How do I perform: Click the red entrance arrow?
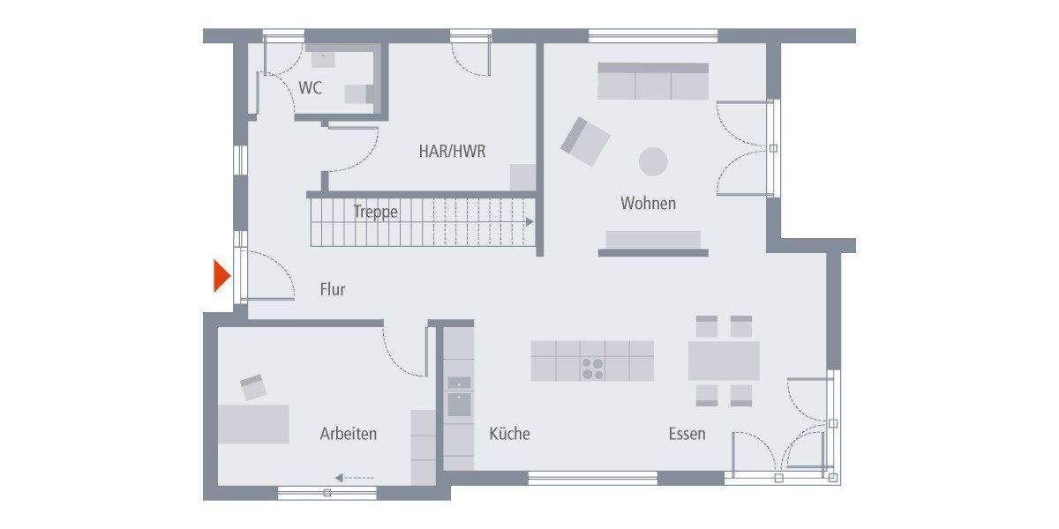point(221,276)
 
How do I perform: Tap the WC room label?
point(310,88)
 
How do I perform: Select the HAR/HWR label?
point(452,152)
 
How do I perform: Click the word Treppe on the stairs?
point(376,212)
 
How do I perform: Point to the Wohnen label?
point(648,204)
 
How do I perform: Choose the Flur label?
point(333,289)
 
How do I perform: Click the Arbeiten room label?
point(349,434)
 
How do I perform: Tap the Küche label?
point(509,434)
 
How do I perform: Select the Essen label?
point(687,434)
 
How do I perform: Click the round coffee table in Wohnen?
point(654,162)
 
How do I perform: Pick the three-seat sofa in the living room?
point(653,81)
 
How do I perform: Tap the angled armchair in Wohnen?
point(584,141)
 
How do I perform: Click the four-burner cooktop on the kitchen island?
point(593,368)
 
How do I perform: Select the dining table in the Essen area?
point(724,361)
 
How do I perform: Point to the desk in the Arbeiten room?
point(253,423)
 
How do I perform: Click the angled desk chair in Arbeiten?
point(253,386)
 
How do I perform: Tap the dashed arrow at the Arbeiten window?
point(355,478)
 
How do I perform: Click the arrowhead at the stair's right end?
point(529,223)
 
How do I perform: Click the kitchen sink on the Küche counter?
point(459,404)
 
